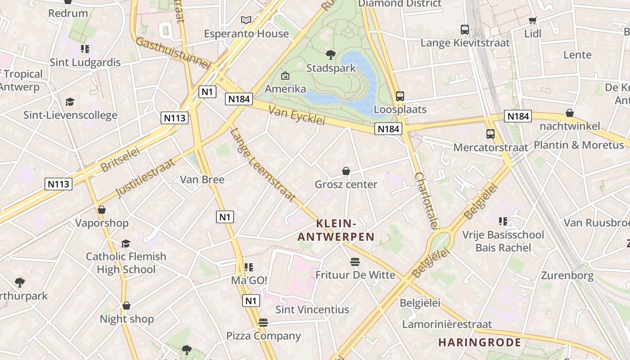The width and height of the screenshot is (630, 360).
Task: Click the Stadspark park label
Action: click(x=331, y=68)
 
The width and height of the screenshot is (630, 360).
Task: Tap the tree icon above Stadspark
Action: click(x=331, y=55)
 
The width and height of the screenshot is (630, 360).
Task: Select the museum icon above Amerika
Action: click(x=285, y=76)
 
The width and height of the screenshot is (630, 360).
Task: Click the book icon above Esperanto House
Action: click(x=246, y=20)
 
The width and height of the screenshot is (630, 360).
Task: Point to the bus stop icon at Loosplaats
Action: click(x=400, y=96)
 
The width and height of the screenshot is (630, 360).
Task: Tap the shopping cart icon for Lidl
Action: click(x=533, y=20)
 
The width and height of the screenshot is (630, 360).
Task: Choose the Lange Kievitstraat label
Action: click(x=465, y=43)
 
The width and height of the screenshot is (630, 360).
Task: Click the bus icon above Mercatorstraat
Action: click(x=490, y=134)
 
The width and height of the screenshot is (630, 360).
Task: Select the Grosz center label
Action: click(x=346, y=184)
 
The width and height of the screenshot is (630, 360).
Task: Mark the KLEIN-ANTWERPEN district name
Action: click(x=336, y=230)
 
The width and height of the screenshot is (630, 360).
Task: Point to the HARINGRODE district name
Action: click(x=480, y=342)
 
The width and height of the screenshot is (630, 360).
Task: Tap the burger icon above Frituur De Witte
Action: click(x=355, y=262)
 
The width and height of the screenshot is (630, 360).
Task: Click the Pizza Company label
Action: click(x=263, y=336)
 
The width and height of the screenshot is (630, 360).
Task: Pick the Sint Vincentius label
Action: click(x=312, y=310)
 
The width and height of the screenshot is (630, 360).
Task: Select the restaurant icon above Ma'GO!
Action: click(x=249, y=267)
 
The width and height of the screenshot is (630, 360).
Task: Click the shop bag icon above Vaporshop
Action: click(x=102, y=210)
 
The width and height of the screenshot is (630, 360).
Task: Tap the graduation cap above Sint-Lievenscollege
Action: click(x=70, y=102)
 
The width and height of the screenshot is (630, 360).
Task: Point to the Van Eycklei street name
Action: click(x=297, y=115)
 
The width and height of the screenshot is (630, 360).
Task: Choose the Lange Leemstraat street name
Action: click(x=263, y=165)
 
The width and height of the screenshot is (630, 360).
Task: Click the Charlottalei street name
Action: click(x=427, y=201)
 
